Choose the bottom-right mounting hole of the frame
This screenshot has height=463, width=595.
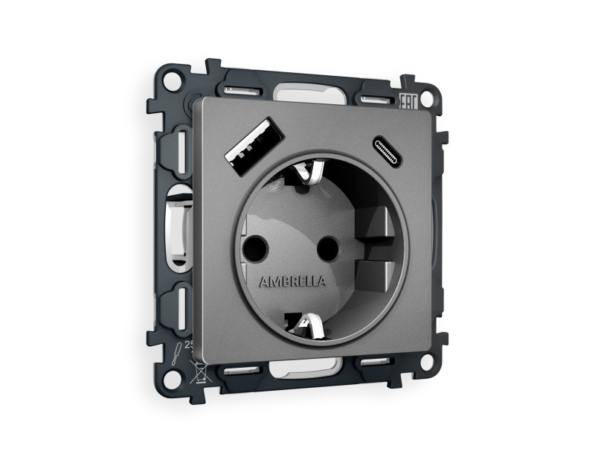pyautogui.click(x=426, y=363)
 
